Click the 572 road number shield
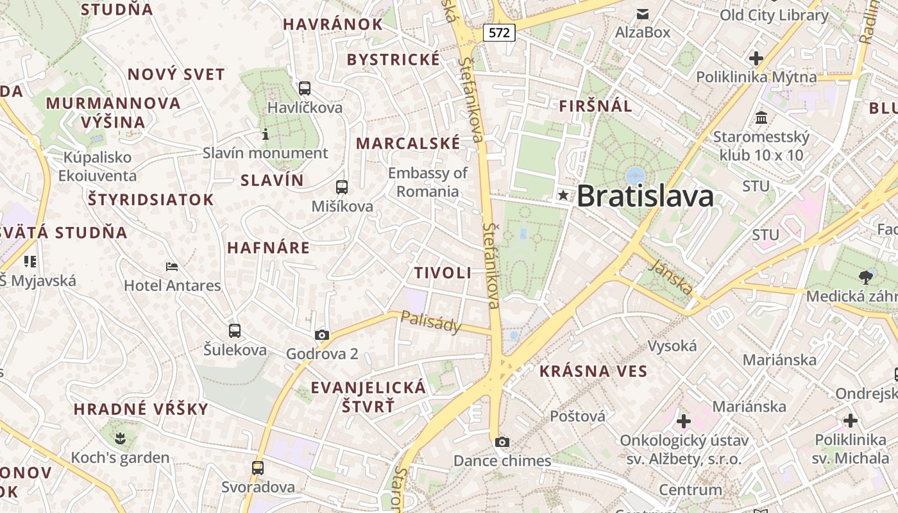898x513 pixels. (499, 31)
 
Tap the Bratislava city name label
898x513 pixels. (645, 196)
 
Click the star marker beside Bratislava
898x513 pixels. (563, 195)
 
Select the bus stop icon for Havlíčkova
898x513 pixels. (305, 88)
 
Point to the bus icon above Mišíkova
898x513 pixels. (342, 187)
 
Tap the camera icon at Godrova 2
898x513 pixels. (322, 335)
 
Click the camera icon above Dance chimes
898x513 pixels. (502, 442)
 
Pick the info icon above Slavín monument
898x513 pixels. (266, 134)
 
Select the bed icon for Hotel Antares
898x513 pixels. (171, 266)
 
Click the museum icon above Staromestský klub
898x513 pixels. (762, 118)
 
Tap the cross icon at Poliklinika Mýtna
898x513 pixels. (756, 58)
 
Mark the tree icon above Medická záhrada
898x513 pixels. (866, 277)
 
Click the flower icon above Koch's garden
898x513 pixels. (120, 439)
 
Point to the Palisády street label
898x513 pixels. (431, 322)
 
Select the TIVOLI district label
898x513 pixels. (443, 273)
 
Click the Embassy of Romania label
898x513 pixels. (428, 182)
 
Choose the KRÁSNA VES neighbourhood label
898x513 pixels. (593, 371)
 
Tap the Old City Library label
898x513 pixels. (774, 15)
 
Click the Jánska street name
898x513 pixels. (670, 278)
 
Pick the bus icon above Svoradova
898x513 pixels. (258, 467)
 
